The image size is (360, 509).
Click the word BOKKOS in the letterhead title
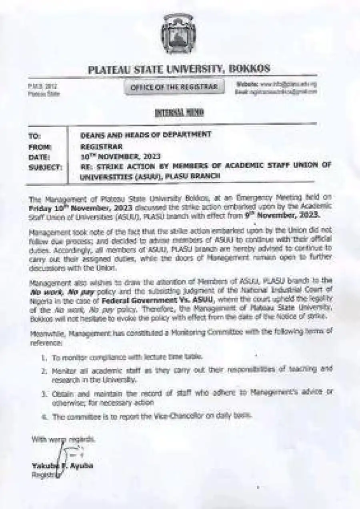click(249, 69)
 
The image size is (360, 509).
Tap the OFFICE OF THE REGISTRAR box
click(174, 87)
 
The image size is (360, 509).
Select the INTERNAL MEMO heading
click(179, 113)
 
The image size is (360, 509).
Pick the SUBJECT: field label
click(45, 167)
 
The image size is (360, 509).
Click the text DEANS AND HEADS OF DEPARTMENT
click(146, 135)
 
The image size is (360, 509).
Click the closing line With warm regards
click(63, 439)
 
